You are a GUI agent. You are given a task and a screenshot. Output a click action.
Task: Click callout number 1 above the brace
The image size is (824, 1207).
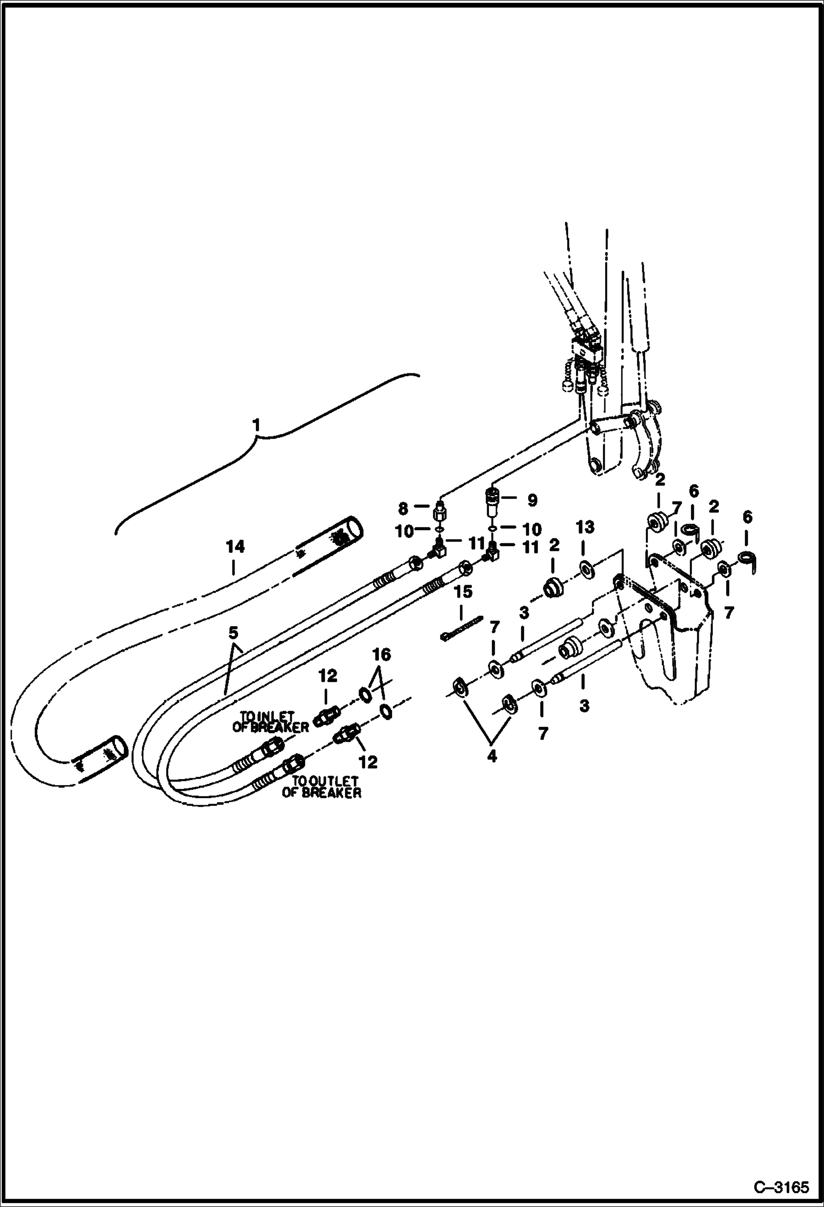click(256, 425)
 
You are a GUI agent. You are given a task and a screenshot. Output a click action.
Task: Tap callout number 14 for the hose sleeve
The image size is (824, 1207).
click(235, 547)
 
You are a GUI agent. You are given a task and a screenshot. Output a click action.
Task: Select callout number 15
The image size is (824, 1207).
click(463, 592)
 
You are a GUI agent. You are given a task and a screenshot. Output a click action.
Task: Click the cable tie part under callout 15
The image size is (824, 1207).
click(461, 628)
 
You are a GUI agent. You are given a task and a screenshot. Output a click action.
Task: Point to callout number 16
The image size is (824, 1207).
click(381, 655)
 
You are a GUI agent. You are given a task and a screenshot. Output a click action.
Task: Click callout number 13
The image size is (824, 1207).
click(585, 527)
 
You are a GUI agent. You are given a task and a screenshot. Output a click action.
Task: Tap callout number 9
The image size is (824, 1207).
click(532, 500)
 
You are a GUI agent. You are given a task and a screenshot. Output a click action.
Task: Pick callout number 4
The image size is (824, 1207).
click(492, 756)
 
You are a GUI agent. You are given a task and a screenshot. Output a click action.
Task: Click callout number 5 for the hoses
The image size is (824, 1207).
click(234, 633)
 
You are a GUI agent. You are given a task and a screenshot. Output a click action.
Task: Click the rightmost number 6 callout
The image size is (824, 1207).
click(748, 518)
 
